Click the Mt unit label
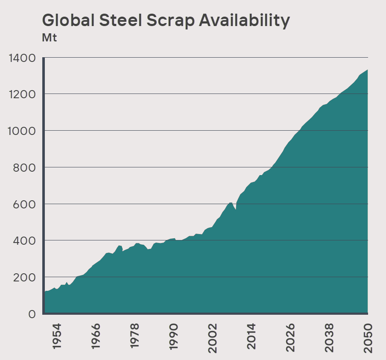pos(49,38)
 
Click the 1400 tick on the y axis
pos(21,58)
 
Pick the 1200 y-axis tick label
pos(21,94)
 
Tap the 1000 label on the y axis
pos(21,131)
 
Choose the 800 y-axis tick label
pos(25,167)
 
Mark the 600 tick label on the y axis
pos(25,204)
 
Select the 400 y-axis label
pos(25,240)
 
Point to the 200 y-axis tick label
pos(25,277)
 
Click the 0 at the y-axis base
pos(32,314)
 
